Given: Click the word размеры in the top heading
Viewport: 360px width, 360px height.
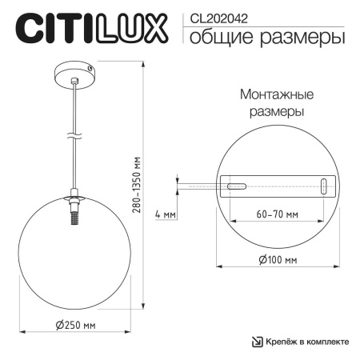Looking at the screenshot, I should click(x=303, y=38).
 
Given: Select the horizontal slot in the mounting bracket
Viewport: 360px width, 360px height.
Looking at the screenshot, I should click(x=236, y=186).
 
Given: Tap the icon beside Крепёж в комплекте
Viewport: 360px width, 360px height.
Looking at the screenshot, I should click(x=258, y=342).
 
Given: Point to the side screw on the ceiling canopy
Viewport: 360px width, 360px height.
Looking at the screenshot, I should click(x=93, y=72).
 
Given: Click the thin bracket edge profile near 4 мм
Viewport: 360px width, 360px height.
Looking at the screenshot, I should click(x=196, y=186).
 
